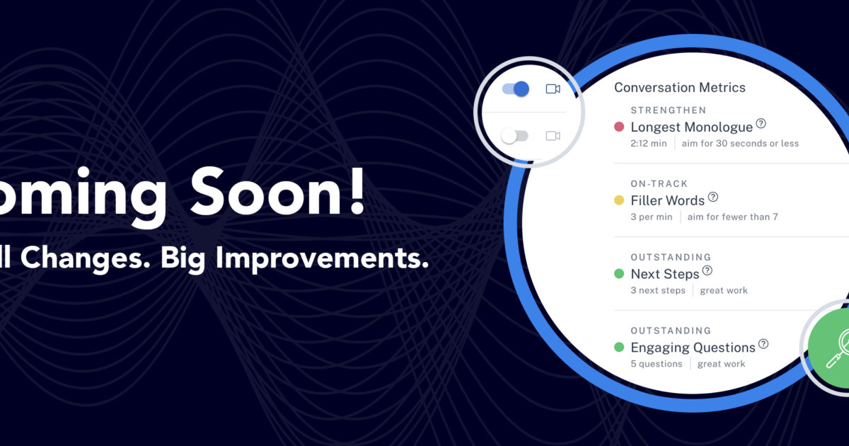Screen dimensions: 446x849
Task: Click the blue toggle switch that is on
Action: [516, 89]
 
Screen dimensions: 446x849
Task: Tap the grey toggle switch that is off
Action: [515, 136]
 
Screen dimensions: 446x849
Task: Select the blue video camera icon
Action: [553, 89]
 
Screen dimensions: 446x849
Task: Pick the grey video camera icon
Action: [553, 136]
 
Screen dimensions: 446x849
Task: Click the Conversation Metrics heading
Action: [679, 88]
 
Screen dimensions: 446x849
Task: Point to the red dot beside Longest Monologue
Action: [619, 127]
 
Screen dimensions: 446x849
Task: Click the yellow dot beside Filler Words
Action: [619, 200]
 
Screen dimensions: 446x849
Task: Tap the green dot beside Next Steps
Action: [619, 274]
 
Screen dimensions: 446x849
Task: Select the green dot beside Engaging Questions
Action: [619, 348]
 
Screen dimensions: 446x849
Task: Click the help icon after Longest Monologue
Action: [761, 124]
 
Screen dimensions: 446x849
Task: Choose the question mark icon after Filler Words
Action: [712, 197]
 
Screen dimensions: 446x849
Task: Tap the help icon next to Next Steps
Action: [707, 270]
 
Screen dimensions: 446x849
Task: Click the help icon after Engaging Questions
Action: [763, 344]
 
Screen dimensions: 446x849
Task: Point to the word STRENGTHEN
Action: [669, 110]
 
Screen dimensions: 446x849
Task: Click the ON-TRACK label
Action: [659, 184]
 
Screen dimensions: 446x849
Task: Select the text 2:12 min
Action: [649, 144]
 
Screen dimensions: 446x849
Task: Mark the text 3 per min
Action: [652, 217]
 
